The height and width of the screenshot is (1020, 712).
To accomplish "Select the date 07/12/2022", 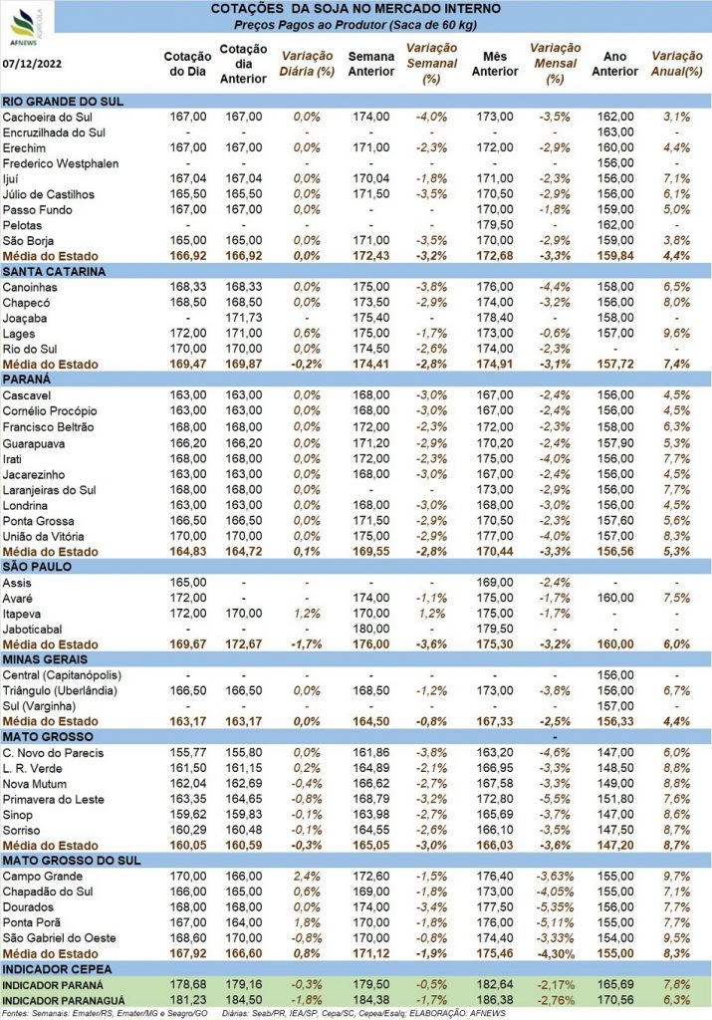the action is point(32,64).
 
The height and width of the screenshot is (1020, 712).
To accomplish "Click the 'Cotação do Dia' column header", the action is point(187,65).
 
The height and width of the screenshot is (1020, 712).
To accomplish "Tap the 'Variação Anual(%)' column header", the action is point(677,64).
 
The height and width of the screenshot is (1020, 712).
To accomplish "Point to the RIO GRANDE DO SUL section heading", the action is point(63,102).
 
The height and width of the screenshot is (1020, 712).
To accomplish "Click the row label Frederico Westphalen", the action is point(61,164).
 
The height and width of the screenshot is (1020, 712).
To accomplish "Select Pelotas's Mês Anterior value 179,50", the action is point(495,225).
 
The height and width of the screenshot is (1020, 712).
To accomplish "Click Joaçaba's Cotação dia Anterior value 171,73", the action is point(244,318).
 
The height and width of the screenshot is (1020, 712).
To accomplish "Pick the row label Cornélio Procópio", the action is point(50,411).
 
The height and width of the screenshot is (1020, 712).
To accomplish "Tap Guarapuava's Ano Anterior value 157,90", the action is point(615,443).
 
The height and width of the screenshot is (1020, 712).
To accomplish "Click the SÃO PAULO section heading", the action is point(37,567).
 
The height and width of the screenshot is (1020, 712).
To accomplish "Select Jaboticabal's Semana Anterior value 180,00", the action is point(371,630).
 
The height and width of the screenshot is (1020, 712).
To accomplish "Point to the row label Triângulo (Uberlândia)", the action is point(60,691).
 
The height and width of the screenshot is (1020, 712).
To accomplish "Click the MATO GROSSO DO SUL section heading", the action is point(72,861).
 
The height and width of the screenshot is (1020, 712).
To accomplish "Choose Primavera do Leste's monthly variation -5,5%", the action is point(555,800).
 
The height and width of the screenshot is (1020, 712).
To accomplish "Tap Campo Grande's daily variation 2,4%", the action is point(307,877).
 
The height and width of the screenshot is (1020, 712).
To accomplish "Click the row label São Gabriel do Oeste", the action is point(59,938).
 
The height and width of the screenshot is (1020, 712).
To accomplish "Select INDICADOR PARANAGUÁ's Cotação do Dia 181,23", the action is point(188,1000).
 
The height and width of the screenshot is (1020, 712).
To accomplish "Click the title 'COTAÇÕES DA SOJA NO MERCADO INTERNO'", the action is point(356,9).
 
